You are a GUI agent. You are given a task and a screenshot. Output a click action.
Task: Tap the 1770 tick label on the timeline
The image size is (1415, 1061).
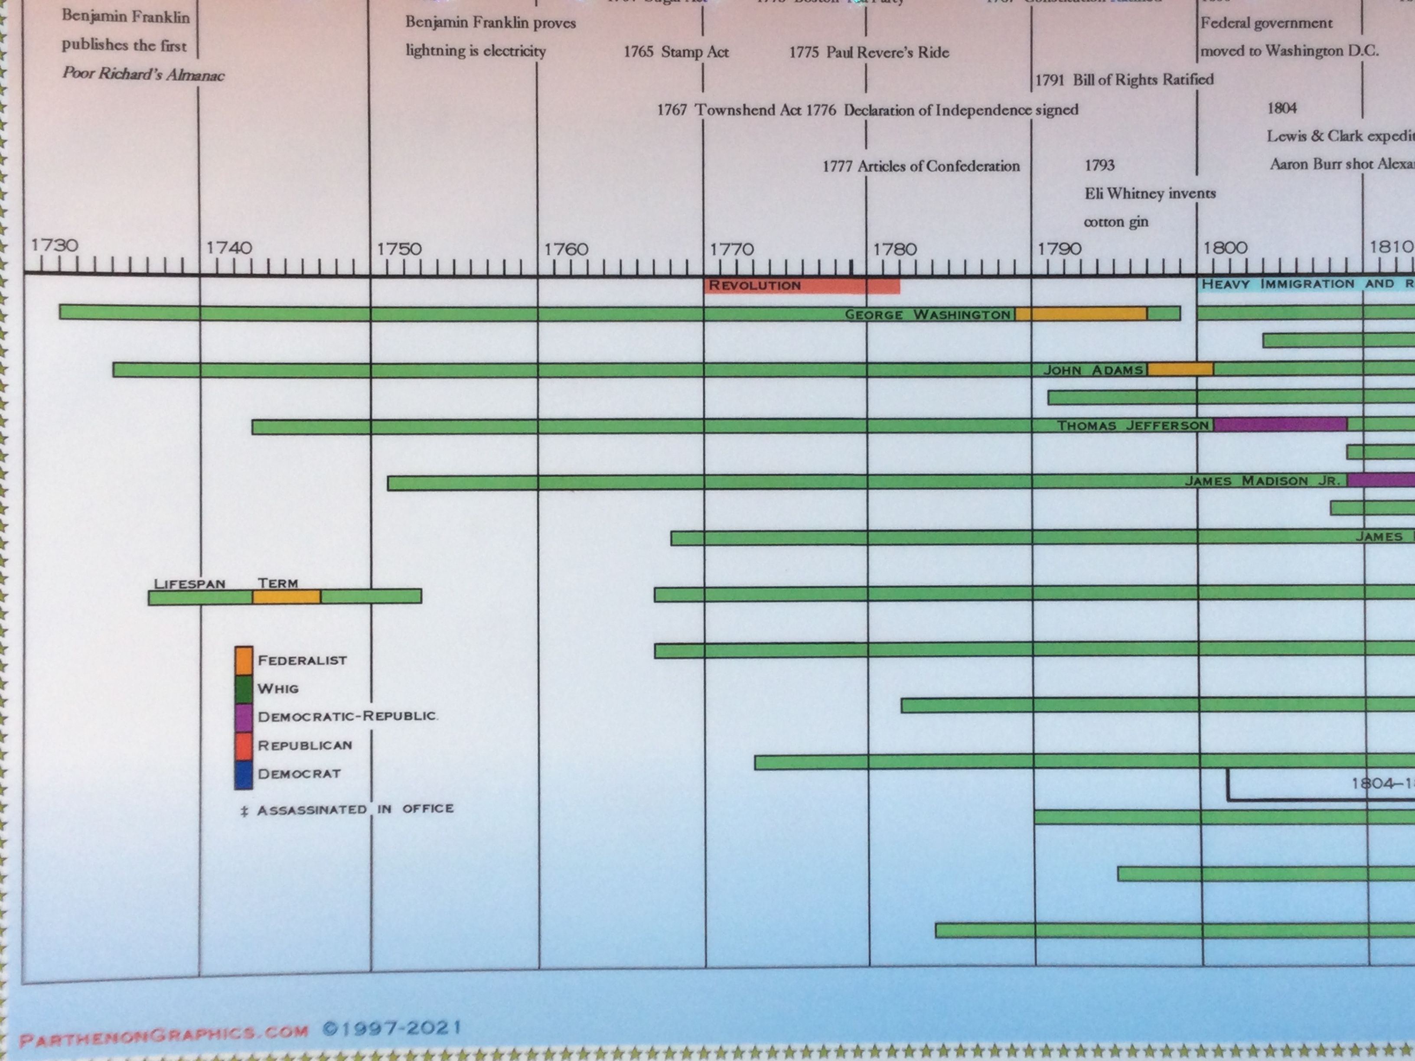click(x=731, y=249)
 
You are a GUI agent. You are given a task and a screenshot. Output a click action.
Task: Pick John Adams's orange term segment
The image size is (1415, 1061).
click(x=1180, y=369)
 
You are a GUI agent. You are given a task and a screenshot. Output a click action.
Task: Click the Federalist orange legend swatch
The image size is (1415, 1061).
click(x=244, y=660)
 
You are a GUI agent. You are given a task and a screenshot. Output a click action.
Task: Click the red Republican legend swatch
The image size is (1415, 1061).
click(x=244, y=746)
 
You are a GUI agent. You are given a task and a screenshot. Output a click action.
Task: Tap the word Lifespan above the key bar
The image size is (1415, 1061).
click(x=189, y=584)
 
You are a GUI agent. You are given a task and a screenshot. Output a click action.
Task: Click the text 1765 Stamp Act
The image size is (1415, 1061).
click(x=676, y=52)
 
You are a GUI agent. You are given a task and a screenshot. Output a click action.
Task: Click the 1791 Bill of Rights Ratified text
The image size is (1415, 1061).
click(x=1124, y=80)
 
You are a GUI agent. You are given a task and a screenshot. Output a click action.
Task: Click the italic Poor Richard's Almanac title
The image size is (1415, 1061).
click(x=143, y=74)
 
